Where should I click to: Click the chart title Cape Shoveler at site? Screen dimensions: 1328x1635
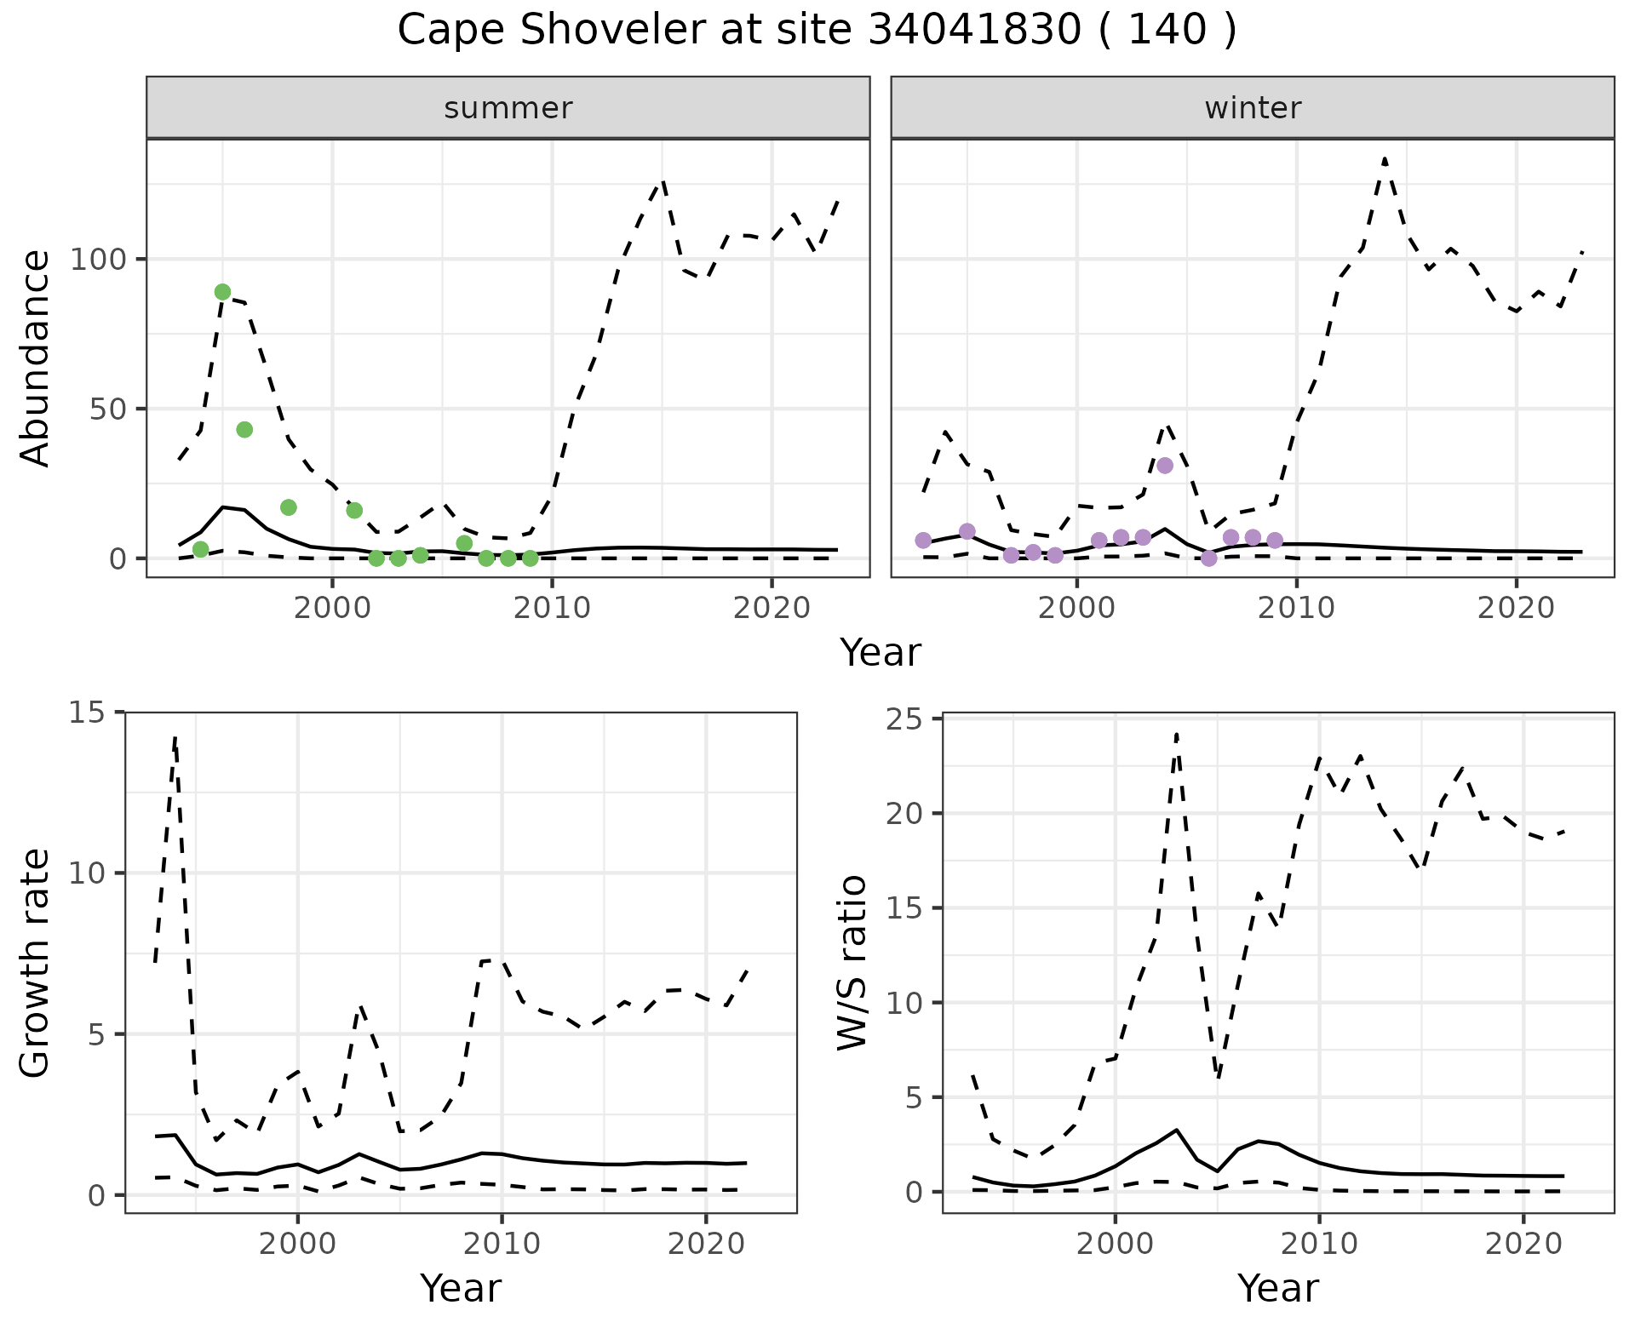pyautogui.click(x=817, y=31)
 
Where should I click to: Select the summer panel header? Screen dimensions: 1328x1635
pyautogui.click(x=508, y=108)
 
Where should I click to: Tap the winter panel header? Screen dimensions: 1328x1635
pyautogui.click(x=1253, y=108)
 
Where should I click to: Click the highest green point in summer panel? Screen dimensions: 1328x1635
pyautogui.click(x=222, y=292)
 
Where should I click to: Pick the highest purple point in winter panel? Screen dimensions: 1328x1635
pyautogui.click(x=1165, y=466)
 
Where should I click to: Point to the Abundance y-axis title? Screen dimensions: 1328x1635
pyautogui.click(x=36, y=358)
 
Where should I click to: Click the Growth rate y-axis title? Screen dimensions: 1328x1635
pyautogui.click(x=36, y=963)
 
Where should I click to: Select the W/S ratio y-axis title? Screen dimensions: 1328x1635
pyautogui.click(x=852, y=963)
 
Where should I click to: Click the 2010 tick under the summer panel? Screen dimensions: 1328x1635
pyautogui.click(x=552, y=609)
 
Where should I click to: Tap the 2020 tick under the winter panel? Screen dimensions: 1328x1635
pyautogui.click(x=1516, y=609)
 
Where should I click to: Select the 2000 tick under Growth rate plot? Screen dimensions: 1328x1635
pyautogui.click(x=297, y=1244)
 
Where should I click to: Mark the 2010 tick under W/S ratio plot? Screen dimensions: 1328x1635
pyautogui.click(x=1319, y=1244)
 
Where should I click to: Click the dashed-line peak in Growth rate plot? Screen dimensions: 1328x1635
pyautogui.click(x=175, y=737)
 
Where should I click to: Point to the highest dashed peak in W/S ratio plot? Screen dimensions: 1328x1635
pyautogui.click(x=1176, y=734)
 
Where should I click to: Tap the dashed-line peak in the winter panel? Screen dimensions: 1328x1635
pyautogui.click(x=1385, y=158)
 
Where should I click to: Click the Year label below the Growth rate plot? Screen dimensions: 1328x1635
pyautogui.click(x=461, y=1288)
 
